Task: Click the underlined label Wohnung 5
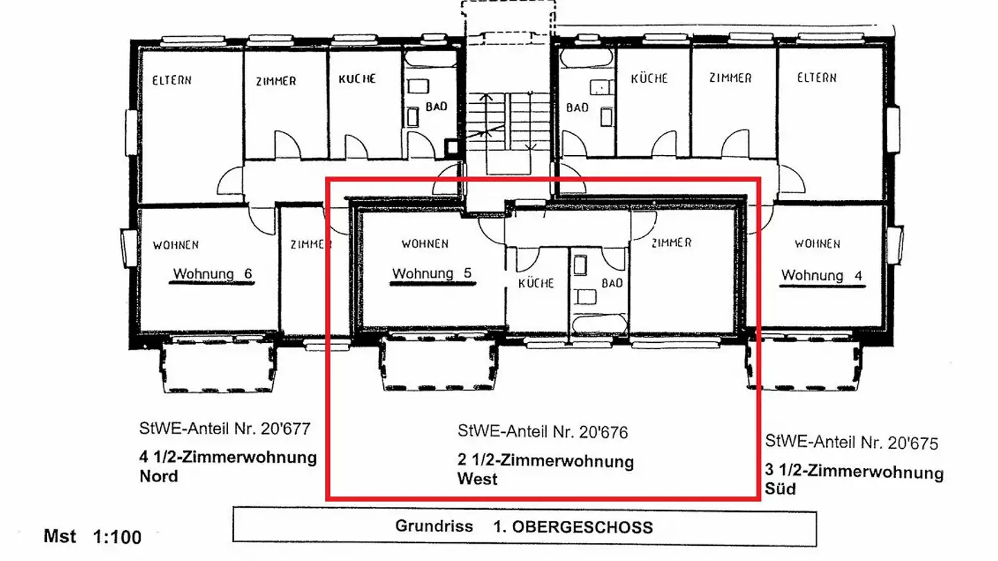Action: coord(432,274)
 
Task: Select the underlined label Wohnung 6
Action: coord(212,274)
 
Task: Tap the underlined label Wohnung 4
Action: coord(822,276)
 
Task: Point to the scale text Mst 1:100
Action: coord(92,537)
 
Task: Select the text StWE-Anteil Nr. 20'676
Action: coord(543,432)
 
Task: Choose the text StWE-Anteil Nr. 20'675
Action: coord(852,441)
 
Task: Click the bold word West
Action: coord(477,479)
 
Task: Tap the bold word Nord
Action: coord(159,477)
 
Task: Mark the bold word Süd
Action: coord(780,489)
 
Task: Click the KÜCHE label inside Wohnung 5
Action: coord(536,283)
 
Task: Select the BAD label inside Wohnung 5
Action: coord(612,283)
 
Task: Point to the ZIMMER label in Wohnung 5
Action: coord(671,243)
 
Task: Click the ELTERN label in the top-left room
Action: coord(172,80)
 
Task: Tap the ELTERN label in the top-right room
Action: coord(816,78)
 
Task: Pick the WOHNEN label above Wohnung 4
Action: coord(817,244)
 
